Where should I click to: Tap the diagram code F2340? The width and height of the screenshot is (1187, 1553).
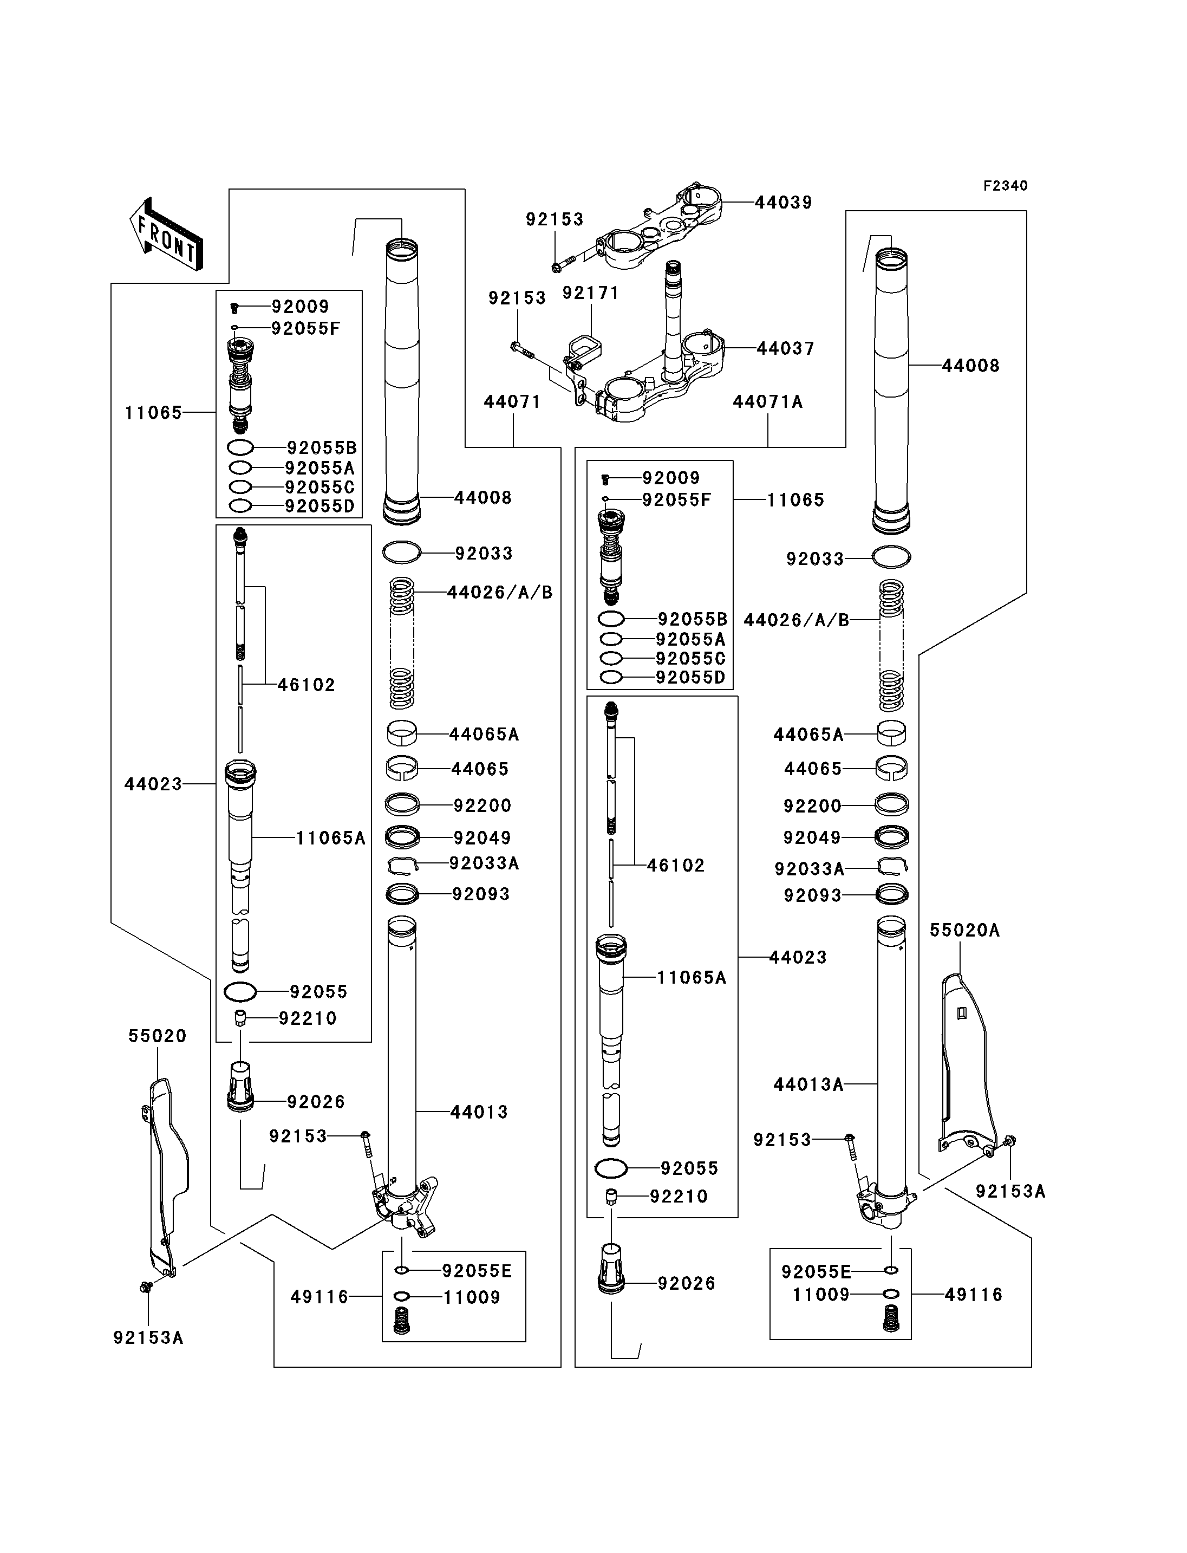tap(1006, 186)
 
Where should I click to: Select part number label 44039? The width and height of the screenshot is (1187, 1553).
tap(784, 203)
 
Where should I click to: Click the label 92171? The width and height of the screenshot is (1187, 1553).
tap(591, 294)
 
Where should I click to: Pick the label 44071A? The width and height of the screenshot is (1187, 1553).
tap(768, 402)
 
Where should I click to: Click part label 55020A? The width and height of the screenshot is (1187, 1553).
tap(964, 931)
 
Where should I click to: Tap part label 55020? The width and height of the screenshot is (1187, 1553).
tap(158, 1036)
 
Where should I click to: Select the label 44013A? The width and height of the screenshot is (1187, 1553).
tap(808, 1084)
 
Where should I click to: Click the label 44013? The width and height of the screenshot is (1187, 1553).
tap(480, 1112)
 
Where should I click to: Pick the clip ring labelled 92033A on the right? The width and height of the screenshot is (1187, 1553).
tap(892, 866)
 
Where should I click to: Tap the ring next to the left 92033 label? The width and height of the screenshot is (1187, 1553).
tap(402, 552)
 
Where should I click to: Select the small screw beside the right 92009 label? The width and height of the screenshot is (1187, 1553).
tap(605, 479)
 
